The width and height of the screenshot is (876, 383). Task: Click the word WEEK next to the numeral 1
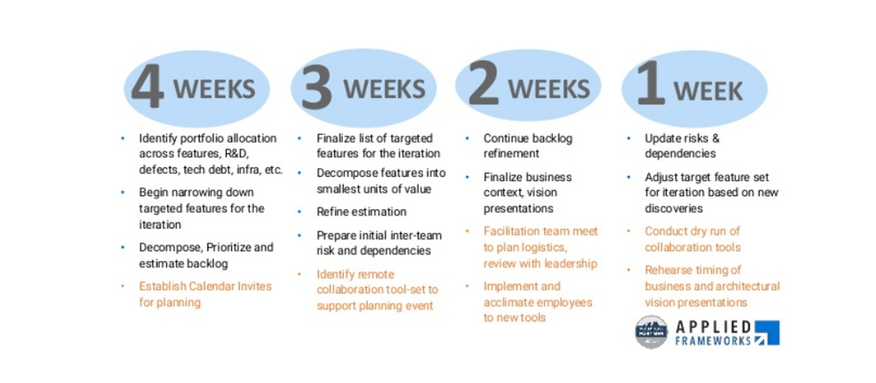(x=708, y=91)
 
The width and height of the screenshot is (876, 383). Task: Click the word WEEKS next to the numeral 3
(x=384, y=89)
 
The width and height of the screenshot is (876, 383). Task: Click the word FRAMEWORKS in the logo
(x=714, y=341)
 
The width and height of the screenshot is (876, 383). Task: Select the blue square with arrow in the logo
(x=767, y=333)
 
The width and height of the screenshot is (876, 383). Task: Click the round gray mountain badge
(x=651, y=332)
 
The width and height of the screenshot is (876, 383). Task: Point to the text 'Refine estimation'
(x=361, y=212)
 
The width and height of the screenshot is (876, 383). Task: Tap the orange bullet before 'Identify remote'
(x=300, y=274)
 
